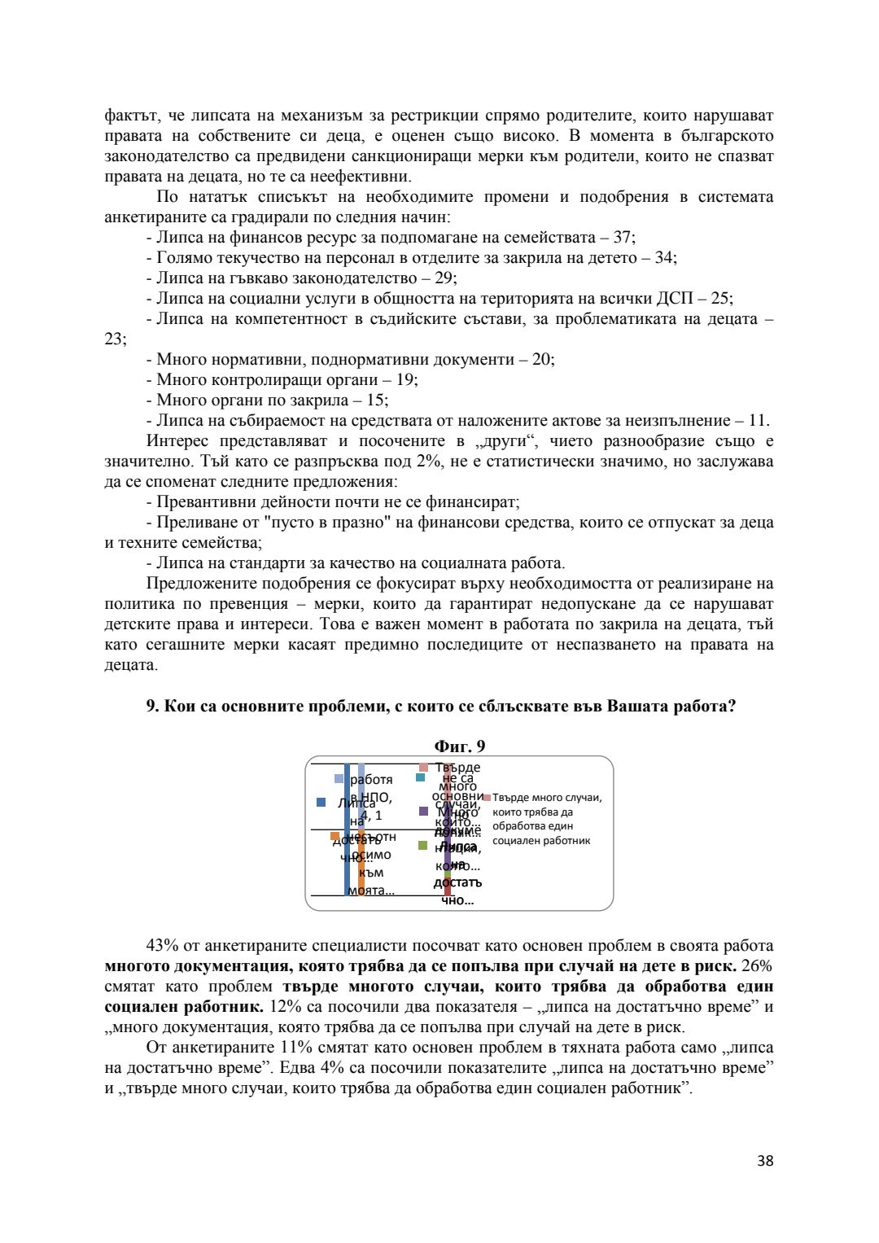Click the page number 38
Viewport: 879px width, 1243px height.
point(764,1161)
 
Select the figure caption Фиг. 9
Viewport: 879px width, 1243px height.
point(460,746)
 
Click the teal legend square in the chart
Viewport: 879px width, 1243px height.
point(421,777)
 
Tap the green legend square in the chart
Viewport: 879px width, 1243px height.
point(422,846)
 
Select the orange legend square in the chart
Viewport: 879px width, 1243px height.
point(335,836)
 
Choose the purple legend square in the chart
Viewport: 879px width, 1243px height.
point(423,811)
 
